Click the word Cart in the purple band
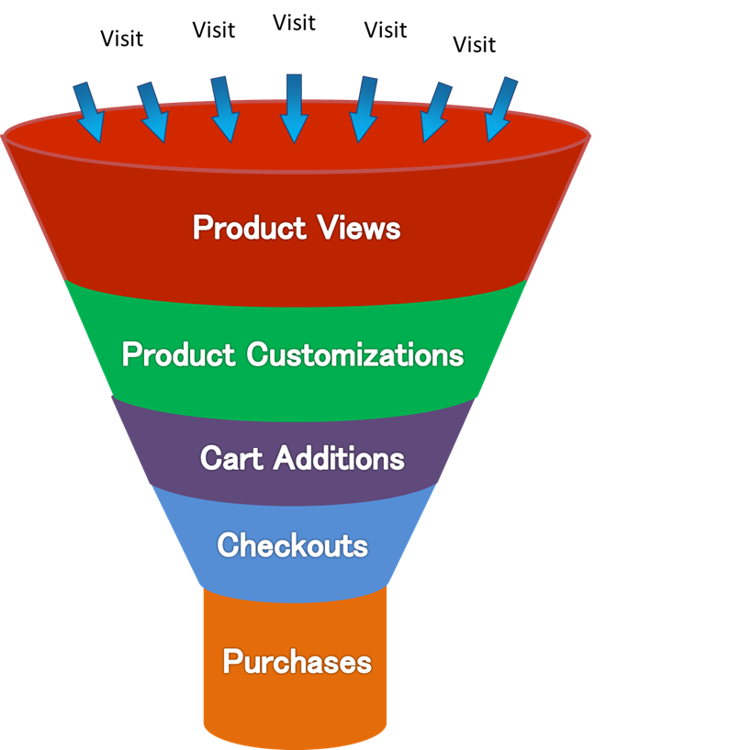point(230,457)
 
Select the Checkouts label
point(292,545)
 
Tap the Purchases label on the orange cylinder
point(297,661)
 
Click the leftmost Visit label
point(121,39)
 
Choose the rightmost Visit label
point(474,44)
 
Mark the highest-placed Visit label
point(294,23)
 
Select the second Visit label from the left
point(213,29)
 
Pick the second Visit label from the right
point(385,29)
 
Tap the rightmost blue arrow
point(501,109)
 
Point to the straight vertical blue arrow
point(294,108)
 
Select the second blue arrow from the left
point(152,113)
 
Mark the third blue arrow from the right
point(365,109)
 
